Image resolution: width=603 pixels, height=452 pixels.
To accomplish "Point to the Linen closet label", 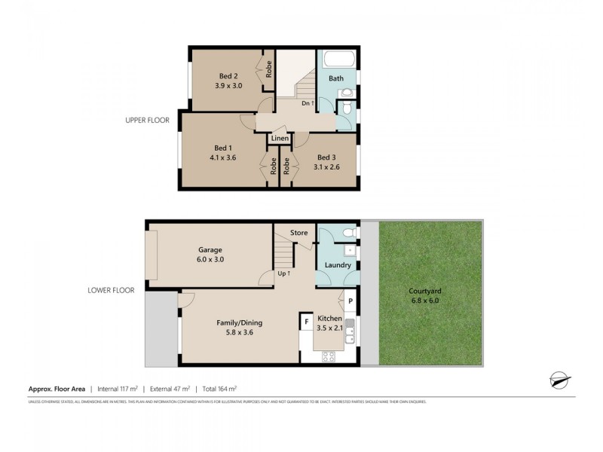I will (x=280, y=139).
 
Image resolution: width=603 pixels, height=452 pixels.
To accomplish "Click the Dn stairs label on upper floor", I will (x=307, y=102).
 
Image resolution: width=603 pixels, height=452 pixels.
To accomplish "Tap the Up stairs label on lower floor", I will (x=283, y=273).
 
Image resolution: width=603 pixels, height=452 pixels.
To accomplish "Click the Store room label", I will (x=298, y=233).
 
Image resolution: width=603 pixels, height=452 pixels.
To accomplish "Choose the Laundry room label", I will (x=338, y=265).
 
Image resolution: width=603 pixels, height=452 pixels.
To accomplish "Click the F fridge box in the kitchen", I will (x=307, y=322).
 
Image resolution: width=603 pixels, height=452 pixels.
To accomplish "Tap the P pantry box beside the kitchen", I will (x=350, y=301).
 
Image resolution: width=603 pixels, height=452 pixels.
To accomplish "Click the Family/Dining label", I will (x=239, y=322).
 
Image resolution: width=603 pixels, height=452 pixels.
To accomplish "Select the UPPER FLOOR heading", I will (x=148, y=120).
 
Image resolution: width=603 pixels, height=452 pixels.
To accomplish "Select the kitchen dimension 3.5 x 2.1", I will (x=329, y=328).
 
